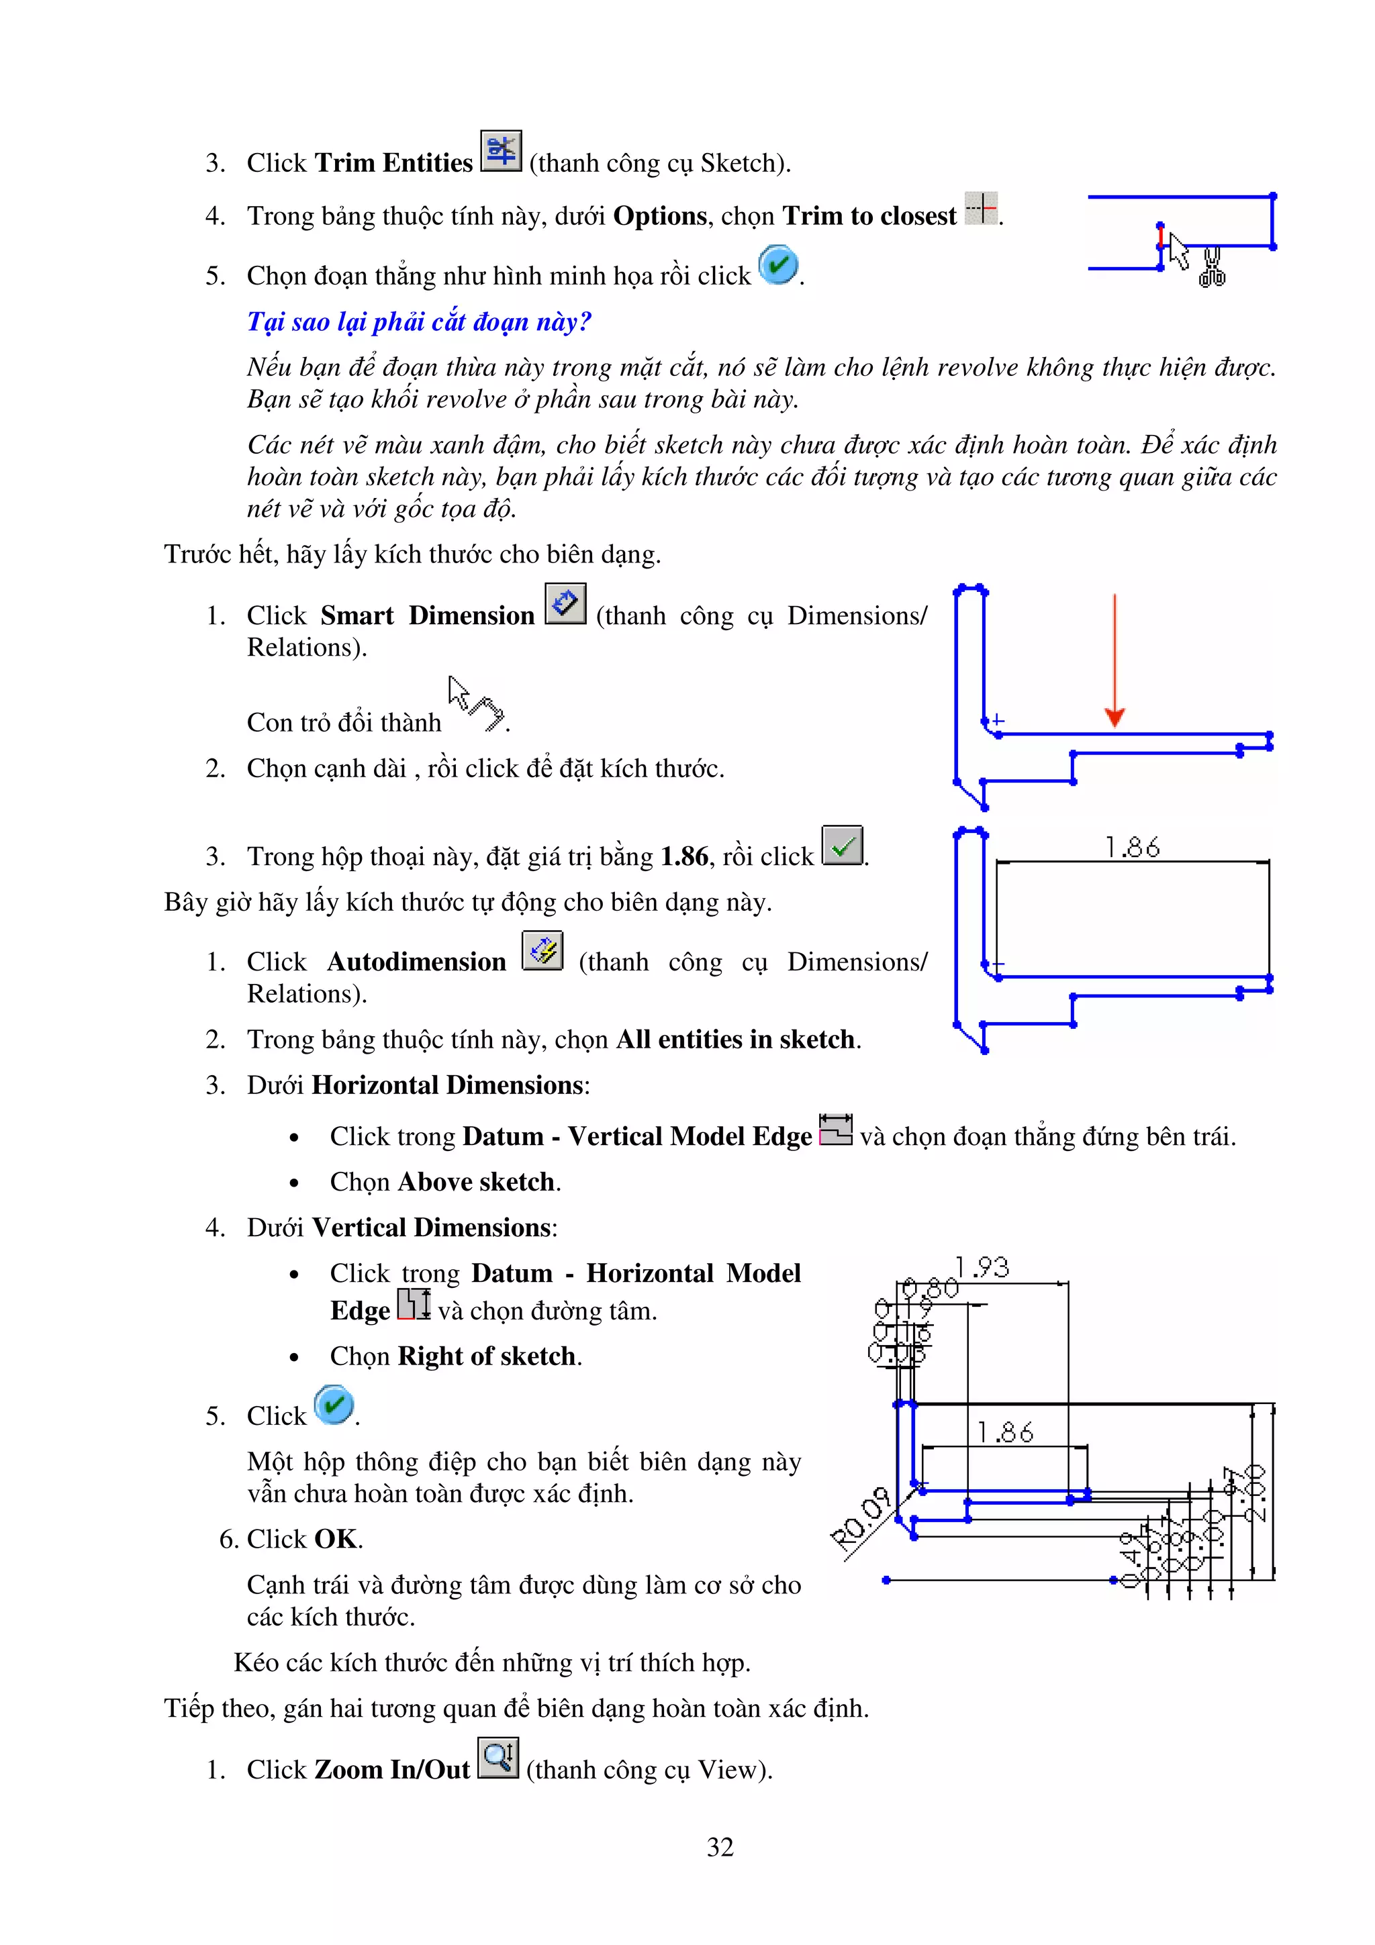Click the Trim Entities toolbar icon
coord(501,151)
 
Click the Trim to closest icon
coord(981,208)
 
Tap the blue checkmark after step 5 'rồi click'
coord(777,264)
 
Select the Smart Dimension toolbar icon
coord(565,604)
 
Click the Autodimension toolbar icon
coord(542,950)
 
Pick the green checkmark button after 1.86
coord(842,846)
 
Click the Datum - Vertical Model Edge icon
coord(835,1130)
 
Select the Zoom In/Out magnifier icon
coord(497,1758)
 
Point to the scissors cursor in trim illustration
coord(1211,268)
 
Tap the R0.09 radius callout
coord(861,1521)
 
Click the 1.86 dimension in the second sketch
coord(1132,847)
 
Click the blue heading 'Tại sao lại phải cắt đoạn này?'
coord(418,322)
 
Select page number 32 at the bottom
coord(720,1847)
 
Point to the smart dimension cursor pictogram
coord(475,703)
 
